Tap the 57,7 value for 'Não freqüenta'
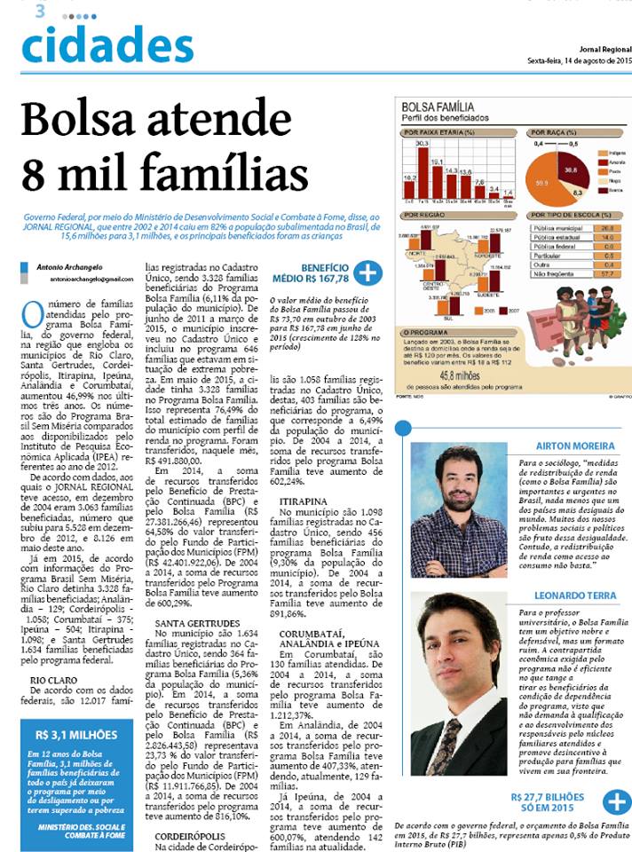tap(607, 276)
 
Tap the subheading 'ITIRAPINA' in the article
tap(300, 501)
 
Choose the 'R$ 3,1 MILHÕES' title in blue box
tap(76, 735)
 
